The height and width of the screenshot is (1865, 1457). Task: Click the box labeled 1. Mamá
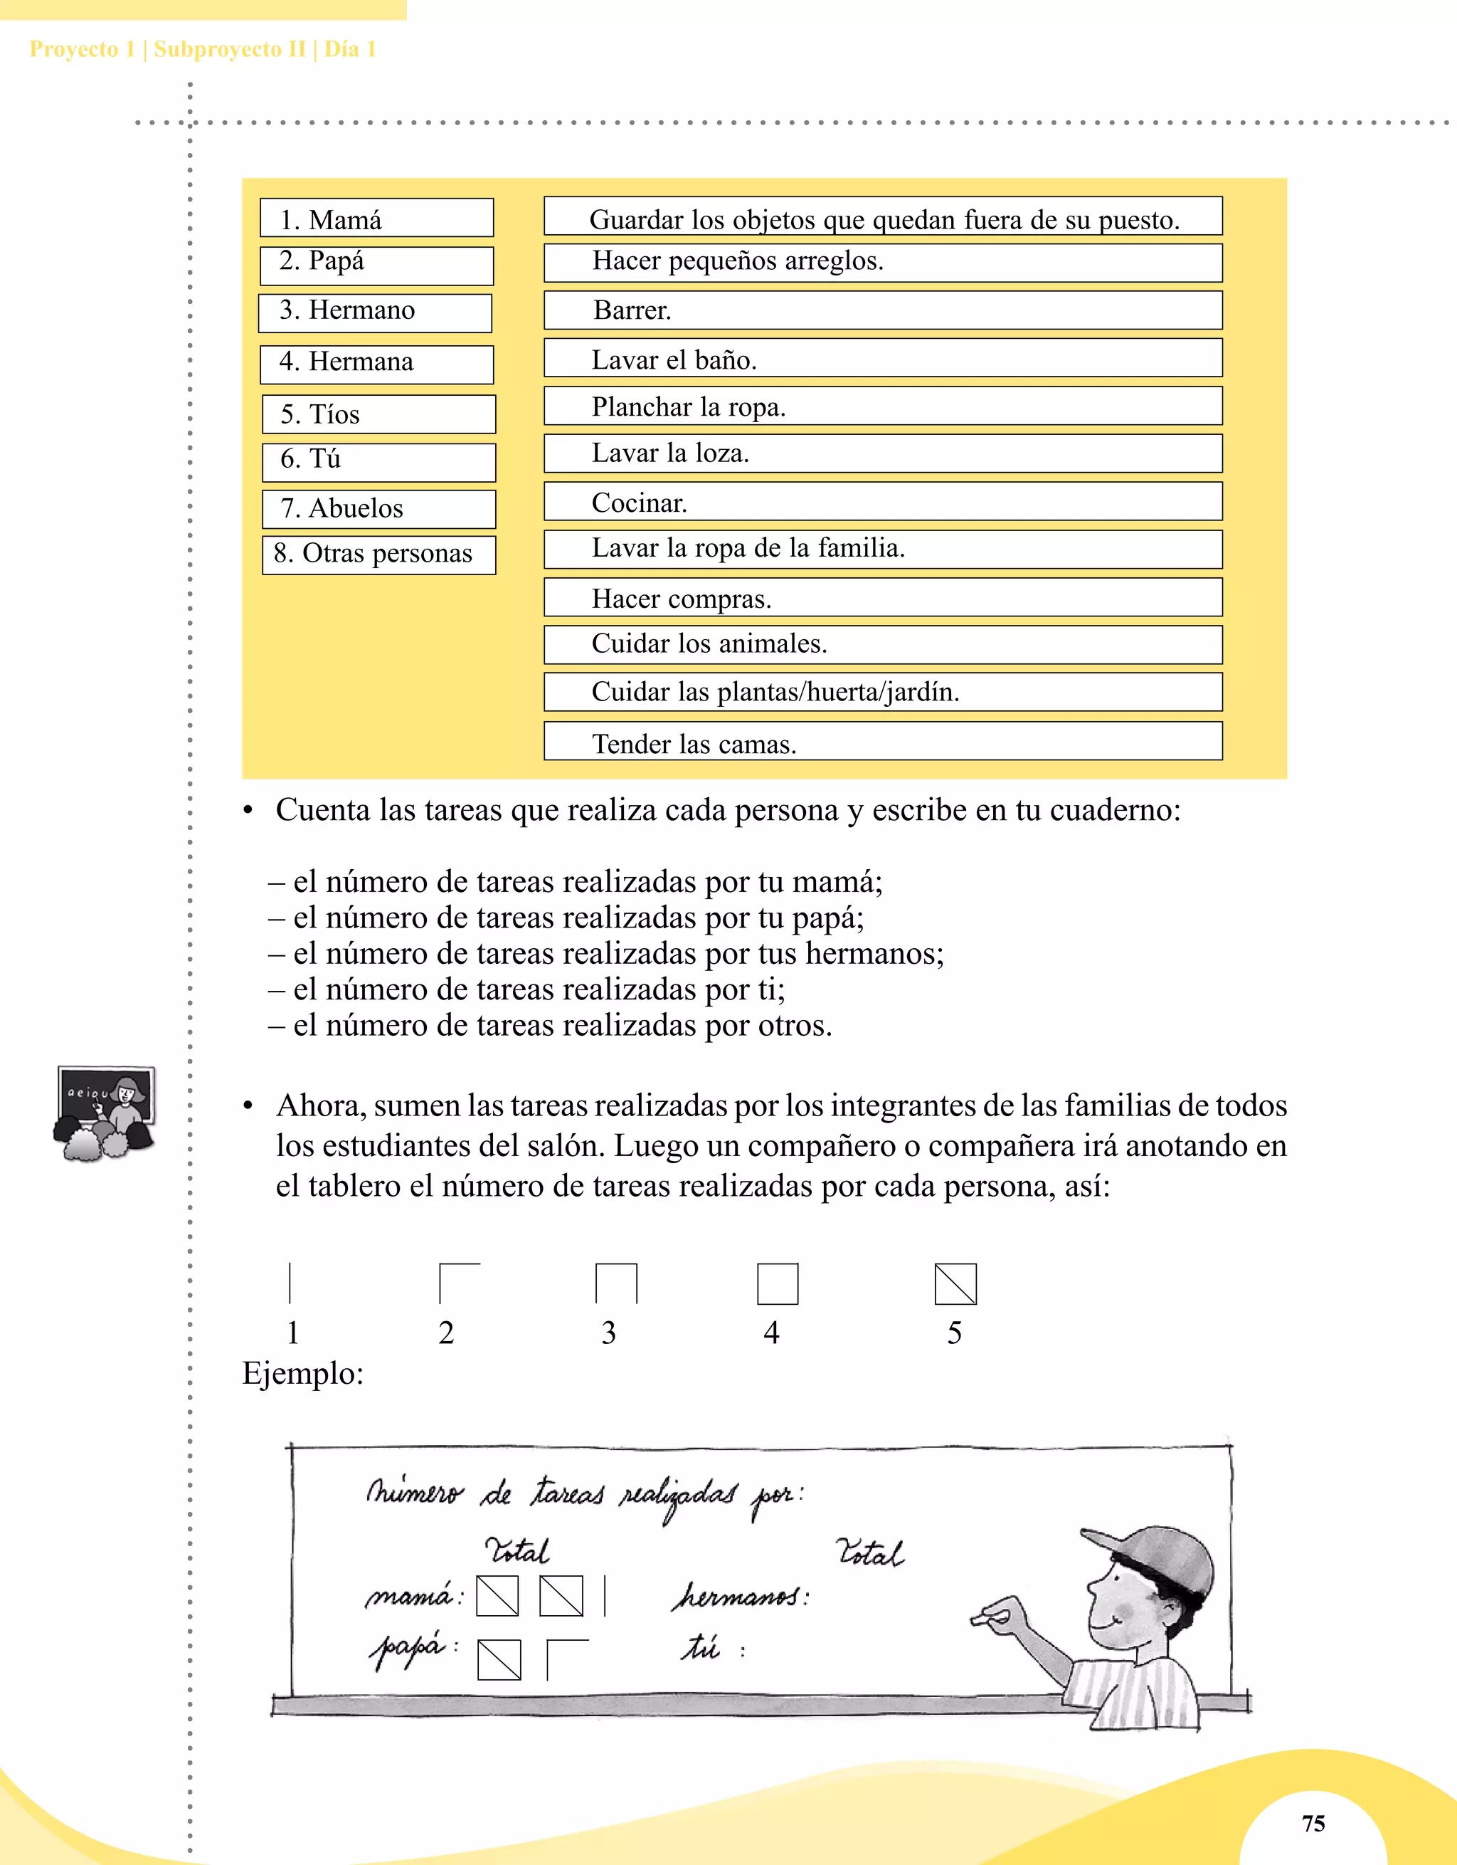coord(376,219)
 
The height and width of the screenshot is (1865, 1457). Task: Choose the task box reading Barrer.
coord(883,310)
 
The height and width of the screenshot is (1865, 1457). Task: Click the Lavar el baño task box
coord(883,359)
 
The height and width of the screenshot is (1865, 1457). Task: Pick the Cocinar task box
coord(883,502)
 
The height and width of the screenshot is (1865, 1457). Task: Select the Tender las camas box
coord(883,742)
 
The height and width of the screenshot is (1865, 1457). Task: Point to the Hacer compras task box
coord(883,598)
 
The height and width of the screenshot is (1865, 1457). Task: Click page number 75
coord(1313,1824)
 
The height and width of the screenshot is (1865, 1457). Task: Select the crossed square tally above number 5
coord(955,1284)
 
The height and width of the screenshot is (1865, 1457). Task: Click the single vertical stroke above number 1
coord(290,1283)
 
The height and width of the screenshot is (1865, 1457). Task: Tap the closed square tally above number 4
coord(778,1284)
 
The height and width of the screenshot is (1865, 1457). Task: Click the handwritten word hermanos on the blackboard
coord(739,1596)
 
